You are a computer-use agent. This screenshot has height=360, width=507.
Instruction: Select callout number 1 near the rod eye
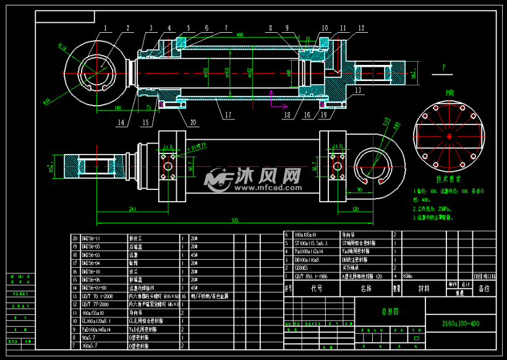[106, 28]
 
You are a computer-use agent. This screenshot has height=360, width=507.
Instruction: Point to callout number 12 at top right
[361, 28]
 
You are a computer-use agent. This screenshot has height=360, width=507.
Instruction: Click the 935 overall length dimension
[235, 220]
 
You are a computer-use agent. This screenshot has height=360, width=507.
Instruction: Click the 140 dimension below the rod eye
[117, 107]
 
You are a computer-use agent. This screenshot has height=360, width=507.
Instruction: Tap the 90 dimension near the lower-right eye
[360, 190]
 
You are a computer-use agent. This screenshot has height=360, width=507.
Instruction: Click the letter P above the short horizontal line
[444, 66]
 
